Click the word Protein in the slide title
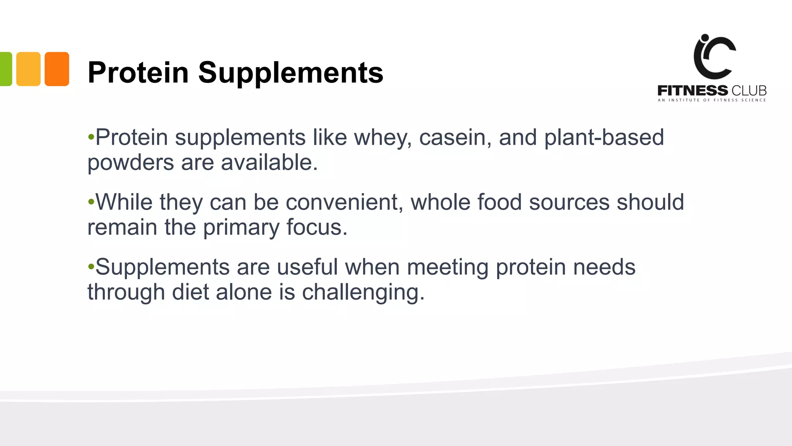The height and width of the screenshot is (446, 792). pos(138,72)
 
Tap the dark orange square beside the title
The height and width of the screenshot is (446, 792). pos(57,69)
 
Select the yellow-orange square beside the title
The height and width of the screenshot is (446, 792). pos(28,69)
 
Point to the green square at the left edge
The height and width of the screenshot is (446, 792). pos(5,69)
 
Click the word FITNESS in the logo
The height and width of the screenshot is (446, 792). pos(693,91)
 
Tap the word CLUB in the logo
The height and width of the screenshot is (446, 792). pos(749,91)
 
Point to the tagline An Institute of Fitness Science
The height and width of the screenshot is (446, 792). pos(712,100)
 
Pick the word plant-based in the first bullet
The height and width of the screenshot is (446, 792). pos(604,137)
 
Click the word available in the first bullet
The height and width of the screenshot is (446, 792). pos(269,162)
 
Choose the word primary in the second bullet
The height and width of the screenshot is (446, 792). pos(241,228)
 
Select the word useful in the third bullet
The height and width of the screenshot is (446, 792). pos(307,267)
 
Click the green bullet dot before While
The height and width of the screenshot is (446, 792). pos(91,202)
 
